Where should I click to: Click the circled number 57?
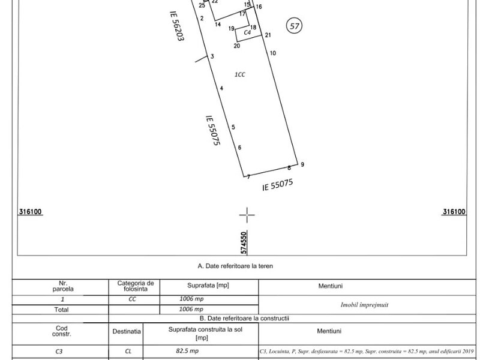point(294,26)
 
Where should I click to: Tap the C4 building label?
point(247,32)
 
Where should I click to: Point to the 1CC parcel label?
point(239,74)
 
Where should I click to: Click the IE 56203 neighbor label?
point(177,26)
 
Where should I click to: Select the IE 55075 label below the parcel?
point(277,185)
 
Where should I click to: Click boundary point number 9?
point(302,164)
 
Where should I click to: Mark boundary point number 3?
point(212,56)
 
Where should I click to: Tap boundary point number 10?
point(273,53)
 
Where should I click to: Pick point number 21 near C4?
point(268,35)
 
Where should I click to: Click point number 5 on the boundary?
point(233,127)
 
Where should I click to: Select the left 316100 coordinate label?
point(30,212)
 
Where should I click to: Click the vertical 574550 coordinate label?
point(244,243)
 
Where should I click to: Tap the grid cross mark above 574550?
point(247,215)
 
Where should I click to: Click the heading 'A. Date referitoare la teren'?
point(235,266)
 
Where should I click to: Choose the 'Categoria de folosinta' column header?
point(136,286)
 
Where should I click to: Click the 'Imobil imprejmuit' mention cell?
point(364,305)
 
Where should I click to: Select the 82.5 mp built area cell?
point(187,351)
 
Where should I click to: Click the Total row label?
point(61,310)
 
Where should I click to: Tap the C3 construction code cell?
point(59,352)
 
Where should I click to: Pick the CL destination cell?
point(128,351)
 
